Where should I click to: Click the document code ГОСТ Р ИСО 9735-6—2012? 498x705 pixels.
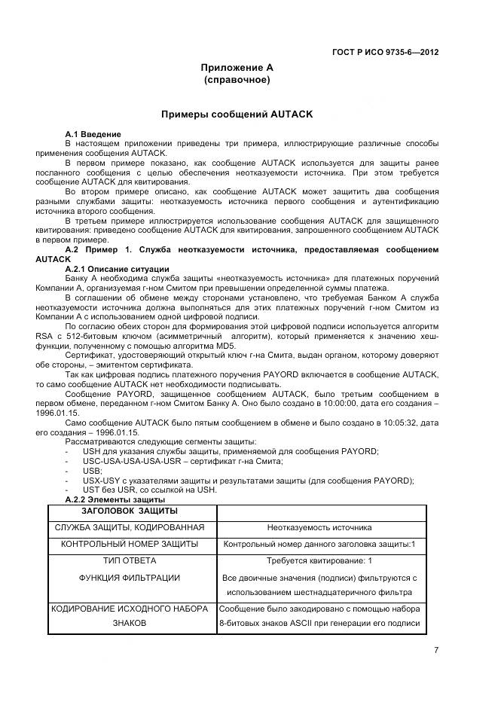[x=385, y=52]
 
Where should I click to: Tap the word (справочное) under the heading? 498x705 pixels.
[x=237, y=79]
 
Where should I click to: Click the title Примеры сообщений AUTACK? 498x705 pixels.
[x=237, y=114]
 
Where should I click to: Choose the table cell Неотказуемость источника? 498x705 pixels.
[x=319, y=527]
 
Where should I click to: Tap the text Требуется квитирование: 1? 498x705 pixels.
[x=319, y=561]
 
